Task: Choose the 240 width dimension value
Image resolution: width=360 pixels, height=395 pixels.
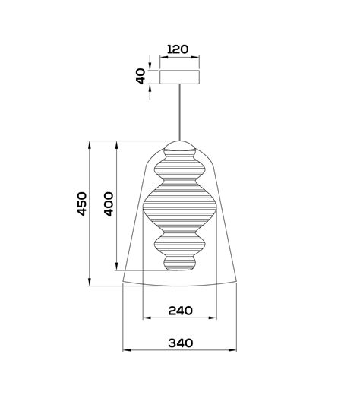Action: [x=180, y=310]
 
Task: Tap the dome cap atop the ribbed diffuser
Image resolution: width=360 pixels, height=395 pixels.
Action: [x=180, y=146]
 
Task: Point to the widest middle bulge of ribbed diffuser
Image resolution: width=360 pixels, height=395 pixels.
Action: [x=180, y=205]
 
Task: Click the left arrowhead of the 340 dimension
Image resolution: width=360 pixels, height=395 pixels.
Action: [x=127, y=351]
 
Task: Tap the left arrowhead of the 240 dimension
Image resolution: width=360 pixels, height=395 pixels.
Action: [x=145, y=319]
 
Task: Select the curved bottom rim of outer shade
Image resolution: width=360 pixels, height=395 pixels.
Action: [x=180, y=286]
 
